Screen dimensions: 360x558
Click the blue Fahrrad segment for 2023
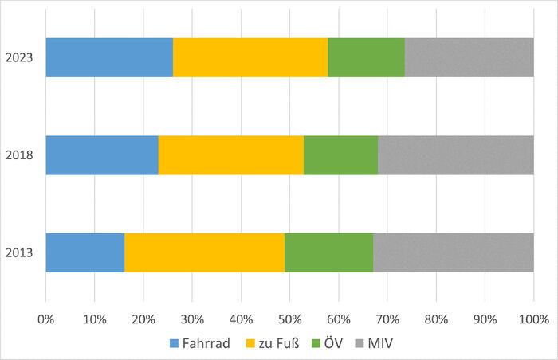(109, 57)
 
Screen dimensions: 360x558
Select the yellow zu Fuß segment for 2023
(250, 57)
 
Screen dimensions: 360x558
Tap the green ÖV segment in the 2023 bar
(366, 57)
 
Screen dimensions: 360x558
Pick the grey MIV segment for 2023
(469, 57)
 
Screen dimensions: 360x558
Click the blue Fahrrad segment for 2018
(102, 155)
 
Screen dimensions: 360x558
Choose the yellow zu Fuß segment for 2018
(231, 155)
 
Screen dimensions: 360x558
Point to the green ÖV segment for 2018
(340, 155)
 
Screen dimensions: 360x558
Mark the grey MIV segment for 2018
(455, 155)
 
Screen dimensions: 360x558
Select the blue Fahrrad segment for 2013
(85, 253)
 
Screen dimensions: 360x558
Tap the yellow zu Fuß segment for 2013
(204, 253)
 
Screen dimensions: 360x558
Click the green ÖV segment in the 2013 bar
(328, 253)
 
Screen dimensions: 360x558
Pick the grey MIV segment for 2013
(453, 253)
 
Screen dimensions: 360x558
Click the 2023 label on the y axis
(19, 57)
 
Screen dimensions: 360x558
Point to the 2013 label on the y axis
(19, 253)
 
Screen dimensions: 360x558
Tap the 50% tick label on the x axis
(289, 319)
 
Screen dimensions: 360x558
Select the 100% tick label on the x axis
(533, 319)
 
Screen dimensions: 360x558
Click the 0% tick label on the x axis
(46, 319)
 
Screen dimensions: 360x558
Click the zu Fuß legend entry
(278, 343)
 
